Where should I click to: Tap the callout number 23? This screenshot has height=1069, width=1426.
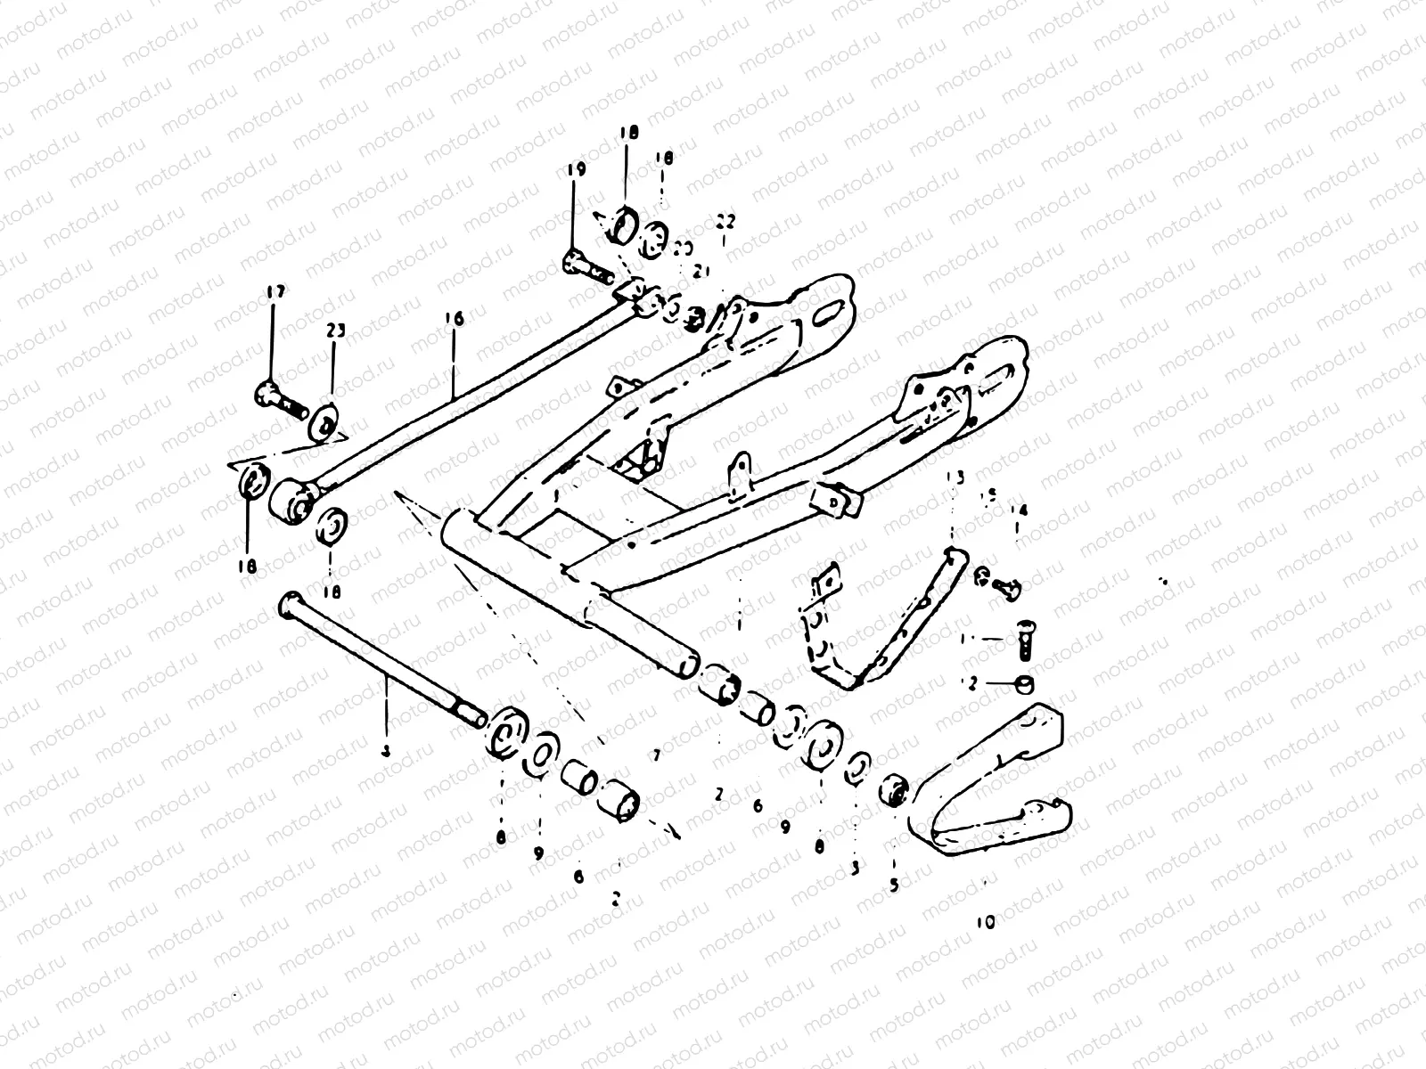[335, 331]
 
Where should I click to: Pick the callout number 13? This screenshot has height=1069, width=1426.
[955, 478]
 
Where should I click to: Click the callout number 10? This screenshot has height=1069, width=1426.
[985, 923]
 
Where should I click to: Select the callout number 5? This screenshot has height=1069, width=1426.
[894, 886]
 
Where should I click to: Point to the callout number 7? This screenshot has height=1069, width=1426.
[655, 756]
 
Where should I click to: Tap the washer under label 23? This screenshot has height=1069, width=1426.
[324, 421]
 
